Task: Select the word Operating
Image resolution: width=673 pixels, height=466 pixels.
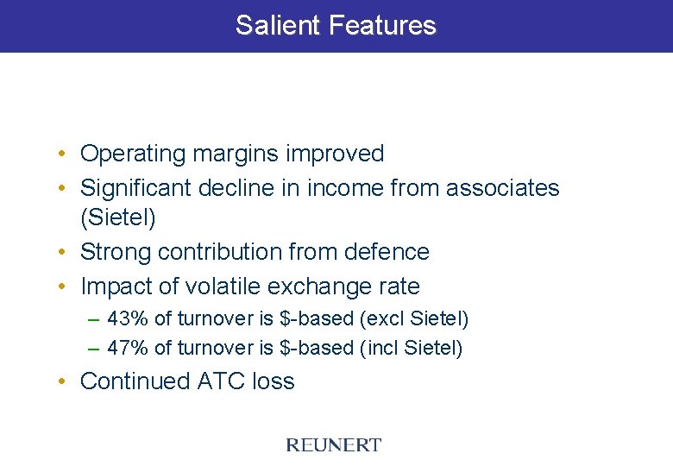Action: pyautogui.click(x=133, y=154)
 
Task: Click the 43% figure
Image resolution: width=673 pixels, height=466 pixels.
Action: pyautogui.click(x=128, y=319)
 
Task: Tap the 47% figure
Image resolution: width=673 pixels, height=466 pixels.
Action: pyautogui.click(x=128, y=349)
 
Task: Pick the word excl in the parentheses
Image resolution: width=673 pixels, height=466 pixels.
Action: pyautogui.click(x=387, y=319)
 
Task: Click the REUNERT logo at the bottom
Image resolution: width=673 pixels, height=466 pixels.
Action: pyautogui.click(x=333, y=445)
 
